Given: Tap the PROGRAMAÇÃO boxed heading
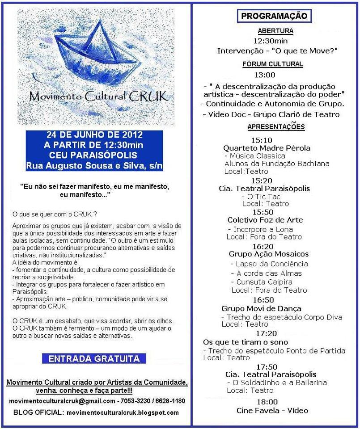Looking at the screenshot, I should point(274,16).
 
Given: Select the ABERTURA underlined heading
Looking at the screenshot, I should point(275,31).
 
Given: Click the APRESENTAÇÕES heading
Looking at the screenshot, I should point(275,127).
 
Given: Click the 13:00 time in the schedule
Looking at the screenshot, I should point(265,75).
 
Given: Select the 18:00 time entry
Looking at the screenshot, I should point(267,401).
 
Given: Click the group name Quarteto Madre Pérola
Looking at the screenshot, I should point(267,148).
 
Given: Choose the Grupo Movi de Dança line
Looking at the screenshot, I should point(261,308).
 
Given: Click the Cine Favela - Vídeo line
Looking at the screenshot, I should point(272,410).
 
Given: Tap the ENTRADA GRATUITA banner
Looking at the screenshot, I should point(93,358).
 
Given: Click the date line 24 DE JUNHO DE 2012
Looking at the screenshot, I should point(94,135).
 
